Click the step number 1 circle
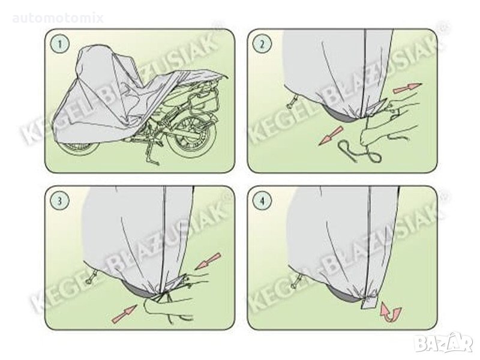point(61,44)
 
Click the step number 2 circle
point(262,44)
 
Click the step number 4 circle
point(262,200)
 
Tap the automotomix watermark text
point(58,19)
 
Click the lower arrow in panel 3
point(125,314)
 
